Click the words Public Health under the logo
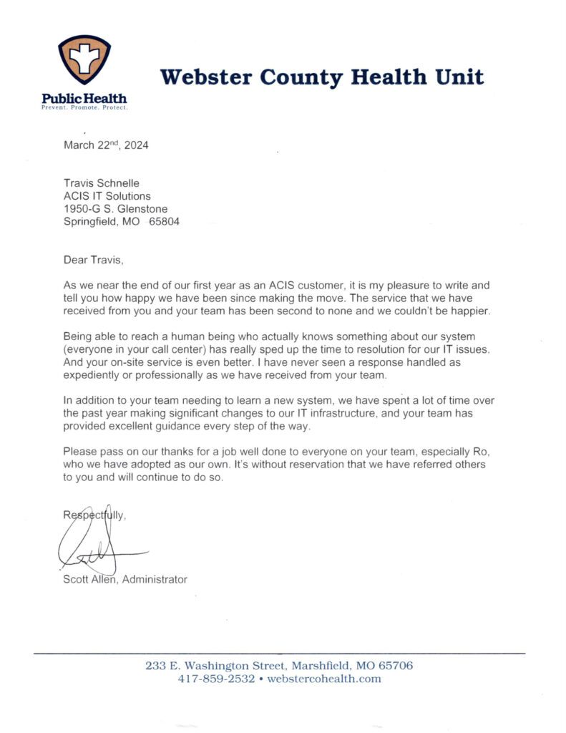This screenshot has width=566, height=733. [x=84, y=98]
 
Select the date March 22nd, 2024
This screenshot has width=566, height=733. [x=106, y=145]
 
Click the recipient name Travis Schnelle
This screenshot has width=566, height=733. [x=102, y=183]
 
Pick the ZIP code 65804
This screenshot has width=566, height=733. [x=164, y=221]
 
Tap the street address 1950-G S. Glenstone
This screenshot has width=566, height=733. [x=116, y=208]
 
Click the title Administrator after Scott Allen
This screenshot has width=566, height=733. [x=155, y=579]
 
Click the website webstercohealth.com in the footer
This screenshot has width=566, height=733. [x=324, y=679]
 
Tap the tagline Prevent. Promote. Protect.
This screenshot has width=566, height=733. [x=84, y=107]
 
